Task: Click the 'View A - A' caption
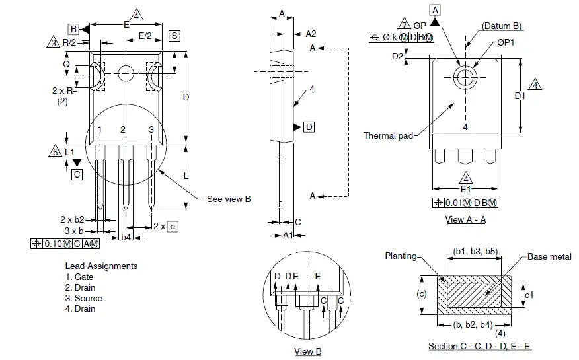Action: (x=465, y=220)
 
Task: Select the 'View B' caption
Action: (x=307, y=351)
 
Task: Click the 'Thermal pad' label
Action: (x=388, y=135)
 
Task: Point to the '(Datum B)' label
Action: (x=502, y=26)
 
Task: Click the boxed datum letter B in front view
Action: (x=73, y=29)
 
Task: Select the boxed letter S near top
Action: (x=174, y=36)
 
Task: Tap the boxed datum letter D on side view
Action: (x=309, y=127)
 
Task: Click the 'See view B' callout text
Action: (x=229, y=199)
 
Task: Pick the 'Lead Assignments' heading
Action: (x=101, y=266)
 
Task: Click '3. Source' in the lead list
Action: (x=81, y=298)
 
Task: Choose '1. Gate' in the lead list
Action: (x=79, y=277)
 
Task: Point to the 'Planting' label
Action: (x=401, y=256)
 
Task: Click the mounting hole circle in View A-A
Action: (x=465, y=76)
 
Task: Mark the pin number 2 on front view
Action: (x=123, y=129)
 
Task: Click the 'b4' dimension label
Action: (x=126, y=236)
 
